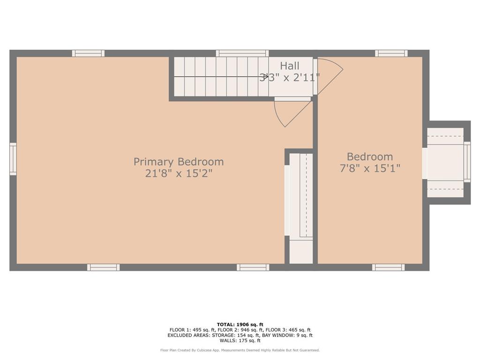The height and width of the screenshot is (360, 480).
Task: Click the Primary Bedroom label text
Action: [179, 162]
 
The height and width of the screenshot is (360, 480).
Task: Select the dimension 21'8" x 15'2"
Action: [179, 173]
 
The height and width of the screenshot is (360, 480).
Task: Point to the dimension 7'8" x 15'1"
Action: [370, 168]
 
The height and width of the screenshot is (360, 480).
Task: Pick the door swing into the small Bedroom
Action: [329, 75]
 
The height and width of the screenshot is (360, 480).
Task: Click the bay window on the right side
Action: [448, 162]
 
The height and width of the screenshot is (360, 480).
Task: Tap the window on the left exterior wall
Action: [13, 159]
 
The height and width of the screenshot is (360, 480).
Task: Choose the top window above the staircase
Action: [242, 53]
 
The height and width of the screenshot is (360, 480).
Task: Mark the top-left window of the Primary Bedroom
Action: [88, 53]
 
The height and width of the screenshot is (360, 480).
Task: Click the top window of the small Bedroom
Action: [391, 53]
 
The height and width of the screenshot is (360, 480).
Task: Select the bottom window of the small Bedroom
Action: [388, 267]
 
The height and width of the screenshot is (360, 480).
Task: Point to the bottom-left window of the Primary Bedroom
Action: [103, 267]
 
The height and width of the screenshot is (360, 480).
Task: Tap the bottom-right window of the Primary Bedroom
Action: [253, 267]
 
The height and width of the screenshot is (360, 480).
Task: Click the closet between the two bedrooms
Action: [300, 206]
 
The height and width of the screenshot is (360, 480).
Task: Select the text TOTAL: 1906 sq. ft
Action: [240, 324]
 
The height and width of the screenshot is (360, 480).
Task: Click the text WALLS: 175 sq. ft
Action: [240, 341]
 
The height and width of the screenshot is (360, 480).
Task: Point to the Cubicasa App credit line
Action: [240, 350]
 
